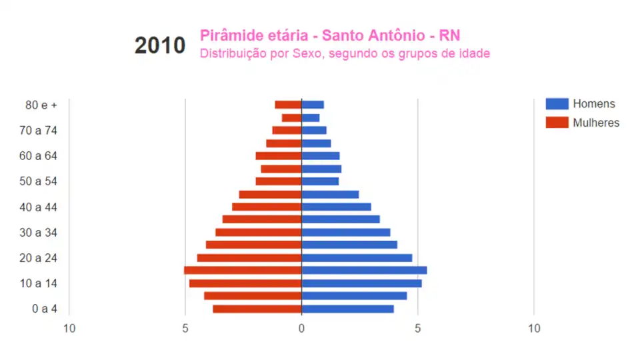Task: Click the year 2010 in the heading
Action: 160,45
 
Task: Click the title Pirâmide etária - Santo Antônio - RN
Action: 330,35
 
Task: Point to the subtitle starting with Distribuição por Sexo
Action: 345,53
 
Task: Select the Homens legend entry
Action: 593,103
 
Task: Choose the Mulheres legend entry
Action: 595,123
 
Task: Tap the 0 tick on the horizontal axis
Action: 301,328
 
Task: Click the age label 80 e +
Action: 41,105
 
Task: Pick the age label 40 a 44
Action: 39,207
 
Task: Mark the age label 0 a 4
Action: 45,309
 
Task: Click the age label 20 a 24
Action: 39,257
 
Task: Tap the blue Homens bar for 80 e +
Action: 313,105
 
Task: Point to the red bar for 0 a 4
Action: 257,309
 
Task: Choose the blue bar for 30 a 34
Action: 345,232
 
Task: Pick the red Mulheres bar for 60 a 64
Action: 279,156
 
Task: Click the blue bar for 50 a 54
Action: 320,181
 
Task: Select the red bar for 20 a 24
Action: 249,258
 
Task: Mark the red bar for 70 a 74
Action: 287,130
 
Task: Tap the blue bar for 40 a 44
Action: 336,207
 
